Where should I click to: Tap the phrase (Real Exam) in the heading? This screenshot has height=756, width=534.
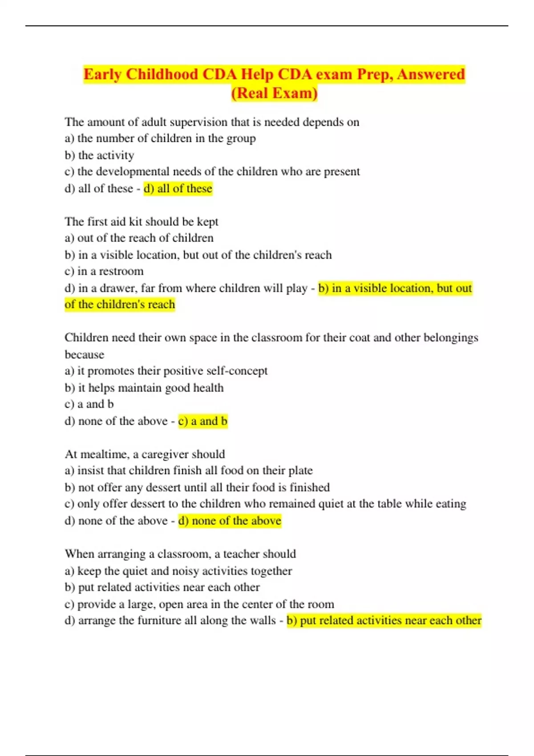[274, 93]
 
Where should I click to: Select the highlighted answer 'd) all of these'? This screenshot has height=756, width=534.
[178, 189]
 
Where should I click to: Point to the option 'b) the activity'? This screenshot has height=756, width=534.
[99, 155]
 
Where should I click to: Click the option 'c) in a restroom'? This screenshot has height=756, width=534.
[104, 271]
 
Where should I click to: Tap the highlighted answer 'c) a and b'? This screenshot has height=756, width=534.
[203, 421]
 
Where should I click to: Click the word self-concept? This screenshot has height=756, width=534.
[240, 371]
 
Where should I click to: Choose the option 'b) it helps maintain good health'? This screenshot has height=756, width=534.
[144, 388]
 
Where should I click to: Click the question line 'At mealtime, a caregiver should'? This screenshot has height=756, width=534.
[145, 454]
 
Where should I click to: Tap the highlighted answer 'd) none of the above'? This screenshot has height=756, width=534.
[230, 521]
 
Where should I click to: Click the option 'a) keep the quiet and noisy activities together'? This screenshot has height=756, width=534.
[178, 571]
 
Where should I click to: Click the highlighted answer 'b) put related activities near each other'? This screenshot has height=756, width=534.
[384, 620]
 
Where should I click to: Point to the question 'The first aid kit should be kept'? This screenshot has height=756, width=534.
[142, 221]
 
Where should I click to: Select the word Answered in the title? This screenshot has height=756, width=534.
[430, 74]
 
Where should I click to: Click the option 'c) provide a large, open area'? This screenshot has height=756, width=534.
[199, 604]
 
